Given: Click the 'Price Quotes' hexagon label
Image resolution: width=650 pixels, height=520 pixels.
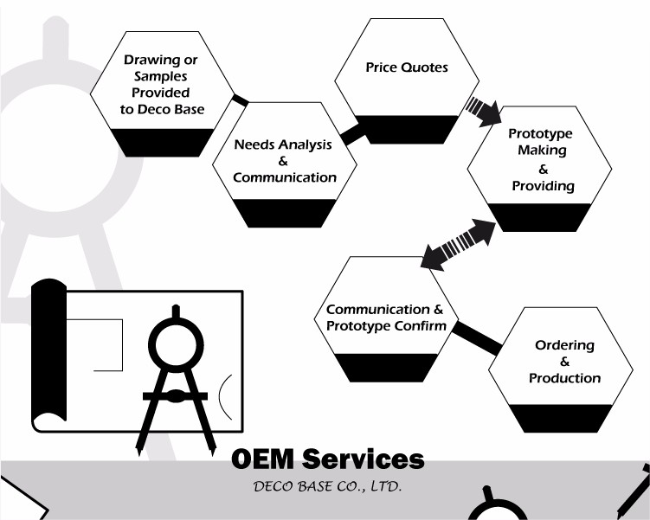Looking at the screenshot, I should pos(407,67).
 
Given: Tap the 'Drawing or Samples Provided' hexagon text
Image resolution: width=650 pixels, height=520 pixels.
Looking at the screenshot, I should pos(161,85).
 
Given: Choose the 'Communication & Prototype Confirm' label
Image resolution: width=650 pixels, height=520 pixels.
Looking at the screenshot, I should pos(385,318).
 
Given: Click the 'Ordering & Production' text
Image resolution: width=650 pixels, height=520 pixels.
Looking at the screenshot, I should pos(564,362).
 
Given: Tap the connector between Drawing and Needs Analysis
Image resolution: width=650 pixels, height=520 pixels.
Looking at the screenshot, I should pos(240,101).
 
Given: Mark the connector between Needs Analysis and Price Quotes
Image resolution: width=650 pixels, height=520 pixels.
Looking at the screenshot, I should pos(353,135).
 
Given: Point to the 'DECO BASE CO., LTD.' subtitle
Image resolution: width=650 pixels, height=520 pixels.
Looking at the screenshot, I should pos(326,486).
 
